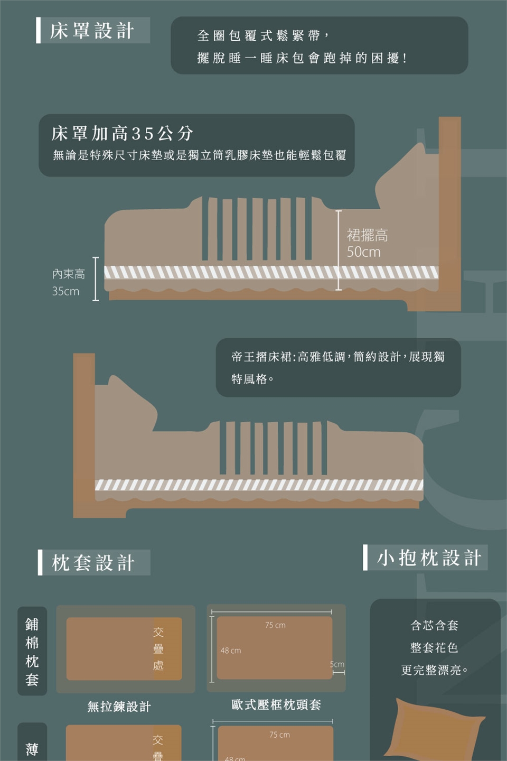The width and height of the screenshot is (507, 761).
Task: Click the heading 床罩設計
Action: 92,31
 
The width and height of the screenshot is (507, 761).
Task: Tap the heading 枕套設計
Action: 93,563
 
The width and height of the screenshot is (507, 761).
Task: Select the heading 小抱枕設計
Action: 429,558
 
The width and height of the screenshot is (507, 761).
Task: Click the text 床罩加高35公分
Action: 122,133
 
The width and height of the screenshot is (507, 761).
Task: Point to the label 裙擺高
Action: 367,236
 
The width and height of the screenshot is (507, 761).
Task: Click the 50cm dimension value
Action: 363,252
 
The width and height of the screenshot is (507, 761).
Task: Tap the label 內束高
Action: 69,274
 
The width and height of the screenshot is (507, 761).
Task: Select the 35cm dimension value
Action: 65,291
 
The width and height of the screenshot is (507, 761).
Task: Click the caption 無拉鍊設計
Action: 119,706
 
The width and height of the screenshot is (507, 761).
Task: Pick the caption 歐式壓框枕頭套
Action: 276,704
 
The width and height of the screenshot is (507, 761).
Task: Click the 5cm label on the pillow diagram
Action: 337,664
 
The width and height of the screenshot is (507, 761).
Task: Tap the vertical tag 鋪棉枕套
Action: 32,652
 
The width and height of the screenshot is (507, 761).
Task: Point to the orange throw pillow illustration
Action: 435,730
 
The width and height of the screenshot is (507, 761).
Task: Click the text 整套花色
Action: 434,648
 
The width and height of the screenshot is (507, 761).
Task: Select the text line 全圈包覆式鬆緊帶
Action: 259,35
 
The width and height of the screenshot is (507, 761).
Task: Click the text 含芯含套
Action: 434,626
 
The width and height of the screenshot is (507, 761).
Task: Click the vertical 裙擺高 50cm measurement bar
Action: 338,250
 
